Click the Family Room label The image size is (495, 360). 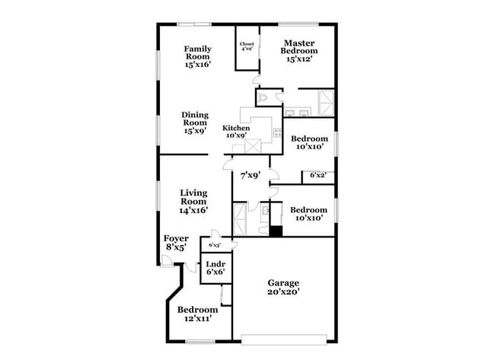click(x=197, y=57)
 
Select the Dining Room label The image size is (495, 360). click(x=195, y=123)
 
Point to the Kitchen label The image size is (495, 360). click(x=235, y=132)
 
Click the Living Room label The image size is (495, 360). click(x=194, y=201)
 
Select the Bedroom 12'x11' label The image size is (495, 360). click(x=197, y=314)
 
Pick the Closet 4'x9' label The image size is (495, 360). click(x=247, y=47)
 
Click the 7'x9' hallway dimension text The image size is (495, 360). click(x=248, y=176)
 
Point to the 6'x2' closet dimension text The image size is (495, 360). click(x=317, y=176)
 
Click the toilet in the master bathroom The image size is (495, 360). click(x=261, y=97)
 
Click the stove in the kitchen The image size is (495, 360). click(x=253, y=146)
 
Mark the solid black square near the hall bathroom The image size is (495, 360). click(x=276, y=231)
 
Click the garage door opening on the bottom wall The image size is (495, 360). click(x=285, y=336)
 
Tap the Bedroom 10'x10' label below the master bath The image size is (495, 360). click(x=309, y=143)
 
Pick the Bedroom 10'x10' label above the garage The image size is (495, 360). click(x=308, y=214)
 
